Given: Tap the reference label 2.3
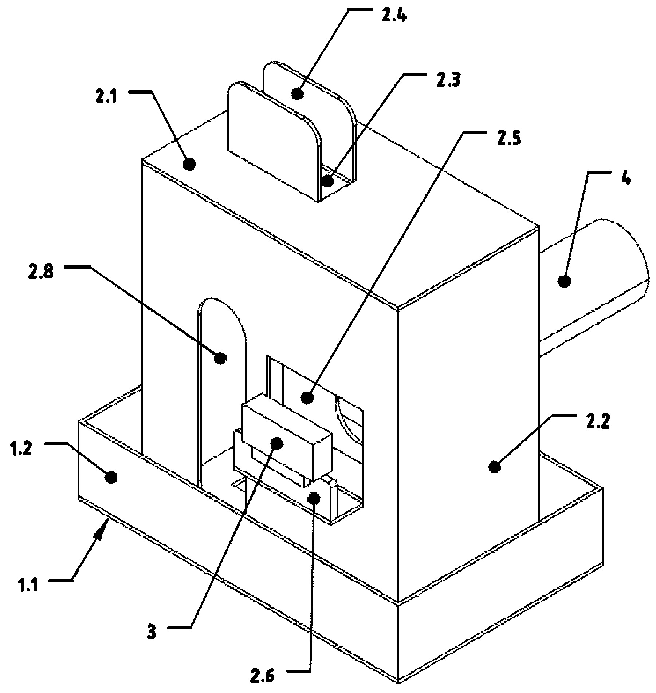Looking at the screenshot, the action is (x=448, y=80).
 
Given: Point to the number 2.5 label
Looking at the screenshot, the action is (x=508, y=139).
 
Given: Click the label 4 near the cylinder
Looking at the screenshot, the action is (x=626, y=178).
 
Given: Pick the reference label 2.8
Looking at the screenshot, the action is (x=41, y=272).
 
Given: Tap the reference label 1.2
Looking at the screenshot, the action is (x=21, y=449).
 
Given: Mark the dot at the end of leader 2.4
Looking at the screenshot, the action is (x=298, y=94).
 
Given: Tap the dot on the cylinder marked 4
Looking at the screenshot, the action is (x=564, y=281).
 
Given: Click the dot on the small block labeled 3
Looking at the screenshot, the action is (x=276, y=443).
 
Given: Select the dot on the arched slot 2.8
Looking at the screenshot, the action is (x=220, y=358).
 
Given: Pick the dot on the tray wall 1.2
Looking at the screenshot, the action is (x=111, y=477).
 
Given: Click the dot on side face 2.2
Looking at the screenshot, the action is (x=494, y=467).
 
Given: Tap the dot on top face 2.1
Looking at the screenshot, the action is (x=189, y=164).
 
